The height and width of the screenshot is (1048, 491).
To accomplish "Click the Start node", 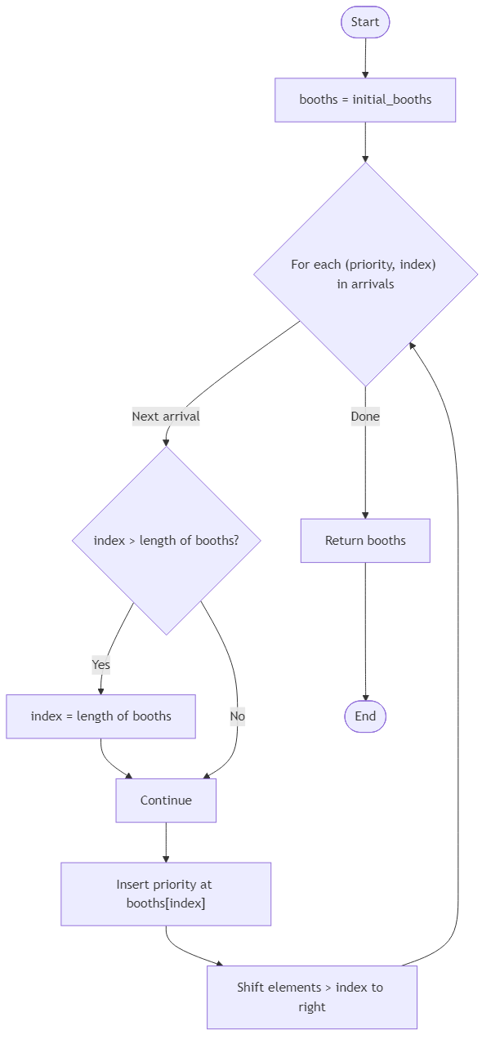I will click(365, 22).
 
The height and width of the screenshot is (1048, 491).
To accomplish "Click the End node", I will click(365, 716).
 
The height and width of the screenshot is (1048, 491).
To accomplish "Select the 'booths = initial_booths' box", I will click(365, 100).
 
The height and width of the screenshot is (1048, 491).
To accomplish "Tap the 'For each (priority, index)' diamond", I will click(365, 274).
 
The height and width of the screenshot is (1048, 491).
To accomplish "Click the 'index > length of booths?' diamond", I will click(166, 540).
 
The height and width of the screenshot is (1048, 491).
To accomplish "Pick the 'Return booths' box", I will click(365, 541).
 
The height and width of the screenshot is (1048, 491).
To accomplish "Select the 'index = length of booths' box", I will click(100, 716).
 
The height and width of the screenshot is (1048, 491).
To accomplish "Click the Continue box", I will click(166, 800).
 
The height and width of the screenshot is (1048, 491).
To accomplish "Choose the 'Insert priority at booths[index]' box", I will click(166, 894).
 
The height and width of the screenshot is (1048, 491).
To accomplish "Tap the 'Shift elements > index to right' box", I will click(311, 997).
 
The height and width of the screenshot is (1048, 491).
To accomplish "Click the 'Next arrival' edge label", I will click(166, 416).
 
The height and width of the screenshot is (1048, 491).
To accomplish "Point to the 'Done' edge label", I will click(365, 416).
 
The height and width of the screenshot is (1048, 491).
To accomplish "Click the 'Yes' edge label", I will click(100, 665).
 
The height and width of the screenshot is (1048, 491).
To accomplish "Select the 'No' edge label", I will click(237, 716).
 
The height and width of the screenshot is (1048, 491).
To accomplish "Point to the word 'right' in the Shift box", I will click(311, 1007).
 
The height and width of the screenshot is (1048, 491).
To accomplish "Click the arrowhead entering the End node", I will click(365, 696).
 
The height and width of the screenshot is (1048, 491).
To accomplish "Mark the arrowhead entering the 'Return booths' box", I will click(365, 514).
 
